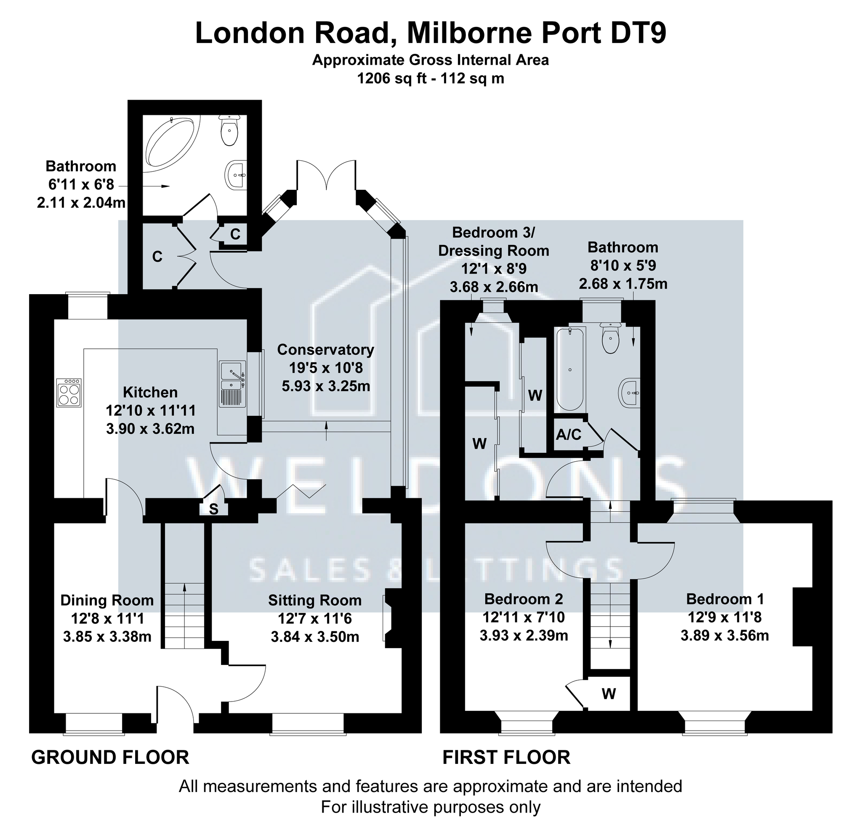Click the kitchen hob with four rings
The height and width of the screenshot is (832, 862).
[x=69, y=393]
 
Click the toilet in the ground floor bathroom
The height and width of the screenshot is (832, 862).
[x=229, y=130]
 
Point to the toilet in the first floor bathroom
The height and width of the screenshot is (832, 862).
[x=610, y=338]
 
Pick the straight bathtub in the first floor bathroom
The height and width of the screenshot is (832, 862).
[x=570, y=369]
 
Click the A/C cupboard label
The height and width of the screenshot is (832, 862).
[x=569, y=435]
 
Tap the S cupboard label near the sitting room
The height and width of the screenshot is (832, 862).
[x=213, y=509]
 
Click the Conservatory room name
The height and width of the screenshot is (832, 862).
[x=325, y=350]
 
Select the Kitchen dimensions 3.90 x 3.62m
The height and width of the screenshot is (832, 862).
[x=150, y=429]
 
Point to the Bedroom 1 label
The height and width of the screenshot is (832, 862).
[x=725, y=599]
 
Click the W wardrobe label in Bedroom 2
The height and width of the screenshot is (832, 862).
[x=609, y=694]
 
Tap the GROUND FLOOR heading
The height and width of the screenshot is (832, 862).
[x=110, y=758]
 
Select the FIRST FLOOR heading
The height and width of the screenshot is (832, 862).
[x=506, y=758]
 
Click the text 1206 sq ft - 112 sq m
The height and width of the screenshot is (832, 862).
[x=431, y=79]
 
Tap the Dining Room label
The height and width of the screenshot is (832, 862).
[x=107, y=600]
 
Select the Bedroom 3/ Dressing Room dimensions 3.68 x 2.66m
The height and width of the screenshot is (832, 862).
[x=494, y=287]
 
